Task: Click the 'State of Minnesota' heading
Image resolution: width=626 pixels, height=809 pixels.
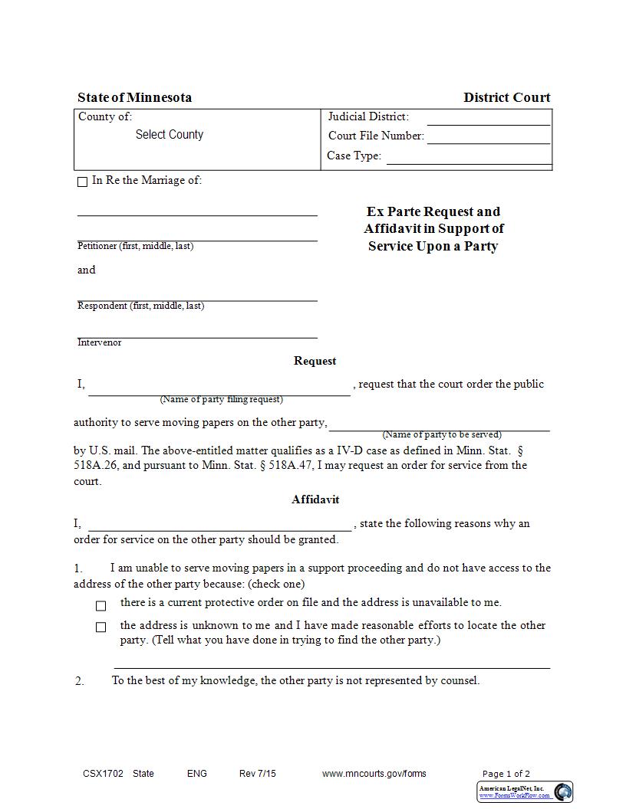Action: click(x=134, y=97)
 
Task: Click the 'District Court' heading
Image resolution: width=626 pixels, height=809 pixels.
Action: click(x=506, y=97)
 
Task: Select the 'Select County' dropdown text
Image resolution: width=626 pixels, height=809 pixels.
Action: click(x=170, y=135)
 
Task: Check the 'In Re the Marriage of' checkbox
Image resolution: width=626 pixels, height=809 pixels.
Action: click(x=83, y=182)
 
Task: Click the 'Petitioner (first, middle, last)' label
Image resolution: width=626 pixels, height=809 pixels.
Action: click(x=135, y=246)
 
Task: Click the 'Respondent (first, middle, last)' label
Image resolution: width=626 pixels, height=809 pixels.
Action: click(x=140, y=306)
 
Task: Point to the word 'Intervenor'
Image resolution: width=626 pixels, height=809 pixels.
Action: click(x=99, y=342)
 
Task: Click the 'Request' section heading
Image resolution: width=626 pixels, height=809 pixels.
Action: click(x=315, y=361)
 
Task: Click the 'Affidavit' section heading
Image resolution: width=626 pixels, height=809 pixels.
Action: click(x=315, y=499)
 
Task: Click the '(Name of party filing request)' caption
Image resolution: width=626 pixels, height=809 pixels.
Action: click(x=221, y=399)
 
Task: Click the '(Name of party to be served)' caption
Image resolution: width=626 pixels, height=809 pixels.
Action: click(x=442, y=434)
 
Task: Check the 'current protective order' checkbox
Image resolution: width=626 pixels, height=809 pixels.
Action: click(x=100, y=605)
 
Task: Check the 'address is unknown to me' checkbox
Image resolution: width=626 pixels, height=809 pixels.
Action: click(x=100, y=627)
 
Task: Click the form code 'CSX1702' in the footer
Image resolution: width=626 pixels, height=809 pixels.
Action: click(x=103, y=774)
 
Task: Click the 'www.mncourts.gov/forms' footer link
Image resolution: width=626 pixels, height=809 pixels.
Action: click(x=374, y=774)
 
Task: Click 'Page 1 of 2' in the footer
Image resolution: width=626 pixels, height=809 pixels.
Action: click(x=506, y=774)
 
